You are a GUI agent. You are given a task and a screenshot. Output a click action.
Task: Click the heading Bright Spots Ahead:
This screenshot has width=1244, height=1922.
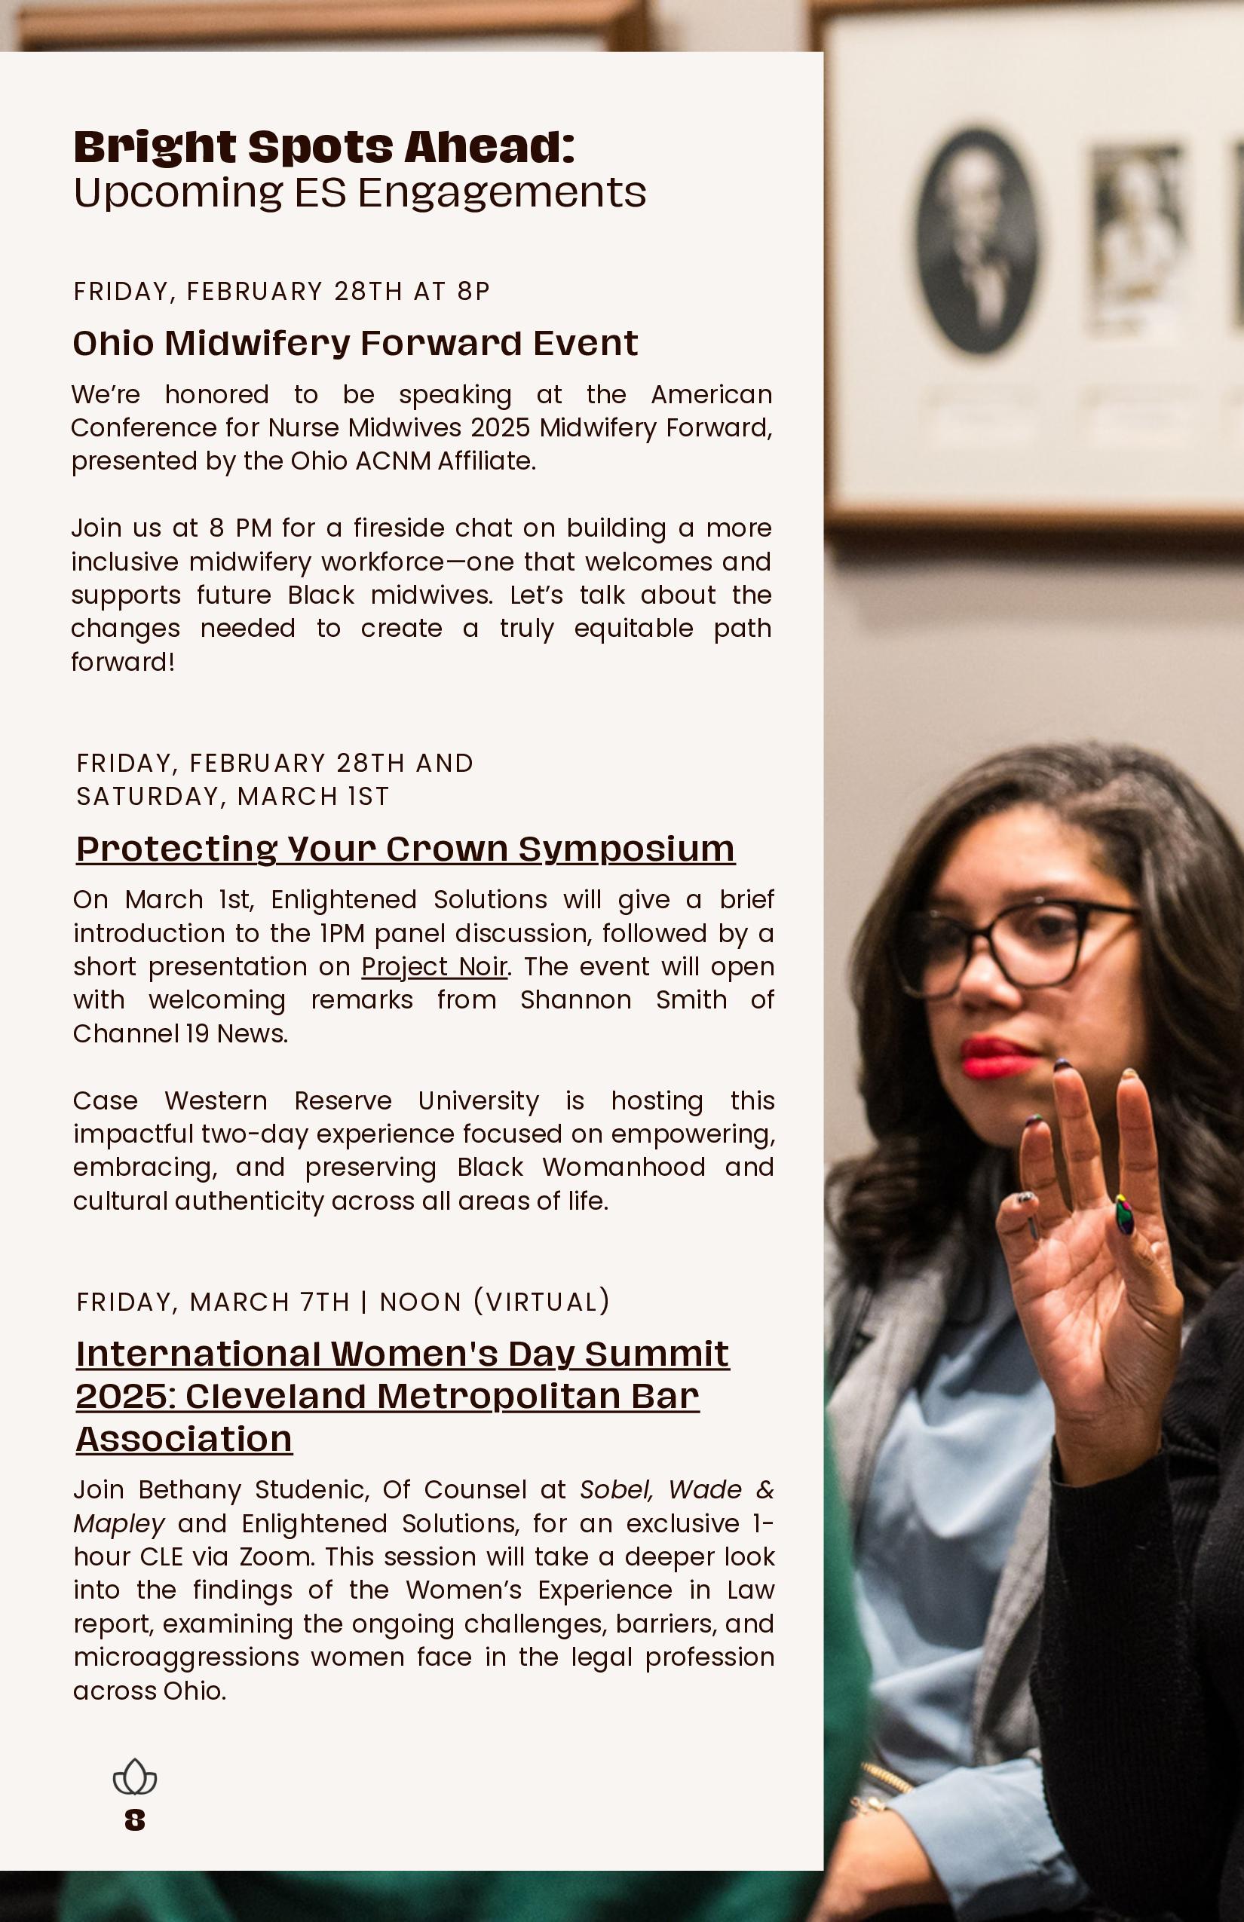pyautogui.click(x=324, y=146)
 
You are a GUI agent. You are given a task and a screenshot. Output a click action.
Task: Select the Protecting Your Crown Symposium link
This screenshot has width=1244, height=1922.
pyautogui.click(x=406, y=848)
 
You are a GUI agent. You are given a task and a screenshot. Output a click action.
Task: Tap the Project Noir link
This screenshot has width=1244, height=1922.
pyautogui.click(x=434, y=966)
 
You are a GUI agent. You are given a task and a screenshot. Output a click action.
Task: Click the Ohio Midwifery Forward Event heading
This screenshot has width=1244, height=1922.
pyautogui.click(x=355, y=342)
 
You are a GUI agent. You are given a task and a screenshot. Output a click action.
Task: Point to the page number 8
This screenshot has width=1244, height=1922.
pyautogui.click(x=135, y=1820)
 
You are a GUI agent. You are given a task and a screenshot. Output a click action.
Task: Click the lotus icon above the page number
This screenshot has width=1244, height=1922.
pyautogui.click(x=135, y=1777)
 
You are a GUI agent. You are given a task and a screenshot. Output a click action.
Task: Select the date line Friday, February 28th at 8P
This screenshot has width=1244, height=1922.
pyautogui.click(x=282, y=291)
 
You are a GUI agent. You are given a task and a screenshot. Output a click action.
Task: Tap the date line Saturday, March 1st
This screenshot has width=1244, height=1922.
pyautogui.click(x=233, y=796)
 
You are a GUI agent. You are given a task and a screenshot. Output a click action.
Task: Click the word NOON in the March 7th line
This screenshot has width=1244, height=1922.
pyautogui.click(x=420, y=1302)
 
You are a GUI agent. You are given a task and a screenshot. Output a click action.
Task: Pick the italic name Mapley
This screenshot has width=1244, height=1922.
pyautogui.click(x=119, y=1523)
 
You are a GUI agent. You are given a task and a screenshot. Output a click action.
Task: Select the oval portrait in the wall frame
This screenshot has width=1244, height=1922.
pyautogui.click(x=976, y=240)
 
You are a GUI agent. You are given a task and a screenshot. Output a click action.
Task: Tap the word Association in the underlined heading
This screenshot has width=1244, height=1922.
pyautogui.click(x=184, y=1439)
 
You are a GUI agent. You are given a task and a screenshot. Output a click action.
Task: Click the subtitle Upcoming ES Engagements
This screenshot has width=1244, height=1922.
pyautogui.click(x=360, y=192)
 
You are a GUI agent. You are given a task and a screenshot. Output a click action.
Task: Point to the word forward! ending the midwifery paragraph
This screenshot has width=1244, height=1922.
pyautogui.click(x=123, y=662)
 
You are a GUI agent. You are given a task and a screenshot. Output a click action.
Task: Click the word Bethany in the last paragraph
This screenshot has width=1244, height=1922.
pyautogui.click(x=191, y=1489)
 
